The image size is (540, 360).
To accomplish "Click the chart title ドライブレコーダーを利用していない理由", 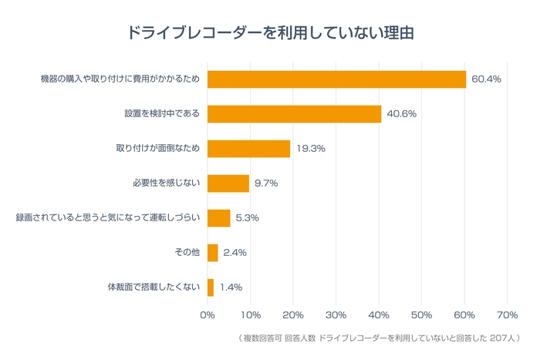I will click(x=270, y=34).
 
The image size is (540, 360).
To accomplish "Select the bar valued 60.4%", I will click(x=336, y=79).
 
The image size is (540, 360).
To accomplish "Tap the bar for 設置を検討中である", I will click(x=294, y=114).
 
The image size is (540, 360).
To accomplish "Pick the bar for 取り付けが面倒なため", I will click(x=248, y=149).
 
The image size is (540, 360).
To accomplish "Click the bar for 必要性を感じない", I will click(x=228, y=183).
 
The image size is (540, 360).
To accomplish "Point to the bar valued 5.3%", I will click(x=219, y=218).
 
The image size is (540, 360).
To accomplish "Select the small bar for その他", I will click(x=213, y=253).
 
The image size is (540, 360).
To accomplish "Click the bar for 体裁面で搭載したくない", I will click(x=211, y=288).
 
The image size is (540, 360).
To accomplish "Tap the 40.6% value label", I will click(x=402, y=114).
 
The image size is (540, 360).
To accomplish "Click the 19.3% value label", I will click(x=311, y=149).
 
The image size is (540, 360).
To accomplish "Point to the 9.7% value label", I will click(x=266, y=183).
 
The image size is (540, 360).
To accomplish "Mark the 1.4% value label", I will click(x=231, y=288).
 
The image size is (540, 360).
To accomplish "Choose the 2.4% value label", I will click(x=235, y=253).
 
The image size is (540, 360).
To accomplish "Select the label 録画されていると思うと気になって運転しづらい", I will click(x=108, y=218).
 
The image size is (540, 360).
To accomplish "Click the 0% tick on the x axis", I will click(x=208, y=315).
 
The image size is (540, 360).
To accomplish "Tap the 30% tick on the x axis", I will click(x=336, y=315).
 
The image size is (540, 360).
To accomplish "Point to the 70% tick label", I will click(x=507, y=315).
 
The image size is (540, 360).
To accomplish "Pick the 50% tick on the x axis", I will click(x=421, y=315).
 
